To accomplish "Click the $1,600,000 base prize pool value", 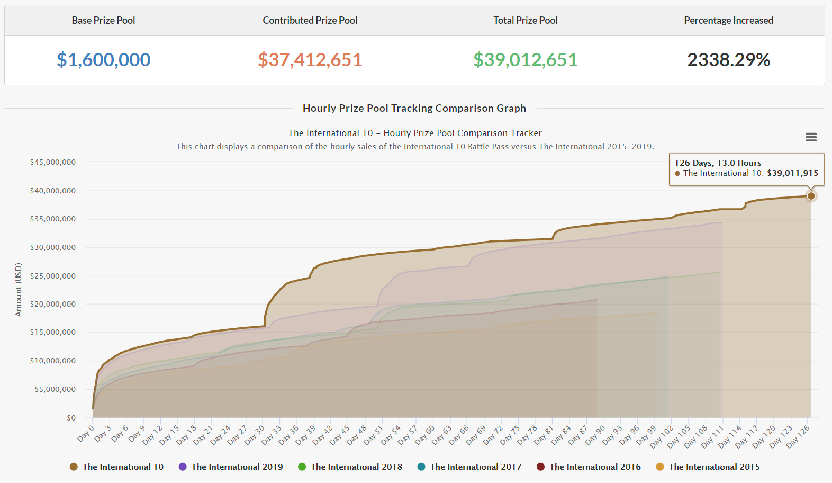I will tap(104, 60).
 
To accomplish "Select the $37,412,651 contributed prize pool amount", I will tap(310, 60).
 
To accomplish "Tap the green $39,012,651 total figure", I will tap(525, 60).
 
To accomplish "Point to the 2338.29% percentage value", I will tap(728, 60).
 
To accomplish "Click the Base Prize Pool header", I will tap(104, 21).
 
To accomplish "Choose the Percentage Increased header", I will tap(728, 21).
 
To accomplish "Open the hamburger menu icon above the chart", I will tap(811, 137).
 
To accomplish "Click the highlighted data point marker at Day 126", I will tap(811, 196).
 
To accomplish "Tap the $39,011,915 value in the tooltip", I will tap(792, 173).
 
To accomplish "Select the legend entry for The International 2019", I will tap(237, 467).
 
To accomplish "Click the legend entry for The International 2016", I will tap(594, 467).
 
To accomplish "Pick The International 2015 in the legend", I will tap(713, 467).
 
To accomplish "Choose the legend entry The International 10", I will tap(122, 467).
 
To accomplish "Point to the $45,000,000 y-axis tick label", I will tap(53, 162).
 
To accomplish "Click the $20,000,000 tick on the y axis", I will tap(53, 304).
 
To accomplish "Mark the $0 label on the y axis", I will tap(71, 418).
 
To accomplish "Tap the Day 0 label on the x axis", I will tap(86, 433).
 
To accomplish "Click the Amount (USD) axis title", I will tap(19, 290).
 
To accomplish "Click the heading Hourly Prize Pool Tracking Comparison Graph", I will tap(414, 108).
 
